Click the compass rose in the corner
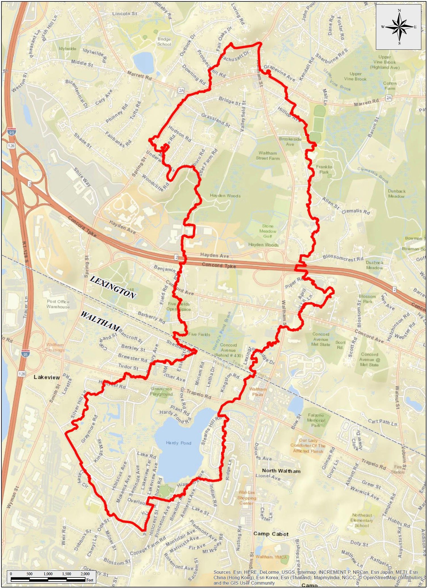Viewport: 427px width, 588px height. point(399,27)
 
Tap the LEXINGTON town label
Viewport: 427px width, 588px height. point(113,287)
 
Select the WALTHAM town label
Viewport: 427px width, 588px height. point(100,322)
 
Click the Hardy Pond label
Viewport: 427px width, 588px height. point(179,443)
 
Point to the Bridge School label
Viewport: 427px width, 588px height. point(164,42)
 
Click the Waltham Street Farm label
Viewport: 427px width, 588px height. point(268,156)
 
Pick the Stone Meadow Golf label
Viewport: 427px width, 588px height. point(267,231)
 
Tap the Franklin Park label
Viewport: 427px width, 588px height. point(324,169)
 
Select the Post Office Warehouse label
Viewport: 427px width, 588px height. point(58,304)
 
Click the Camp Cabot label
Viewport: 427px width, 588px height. point(271,534)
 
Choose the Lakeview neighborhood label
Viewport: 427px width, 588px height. point(47,377)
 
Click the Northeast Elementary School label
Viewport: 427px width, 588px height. point(362,520)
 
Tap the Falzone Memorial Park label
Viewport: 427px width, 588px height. point(316,420)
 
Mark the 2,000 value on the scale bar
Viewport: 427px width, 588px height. point(85,574)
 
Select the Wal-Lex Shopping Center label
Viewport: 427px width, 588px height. point(247,498)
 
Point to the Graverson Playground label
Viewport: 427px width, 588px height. point(161,391)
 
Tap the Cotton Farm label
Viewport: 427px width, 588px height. point(390,86)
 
